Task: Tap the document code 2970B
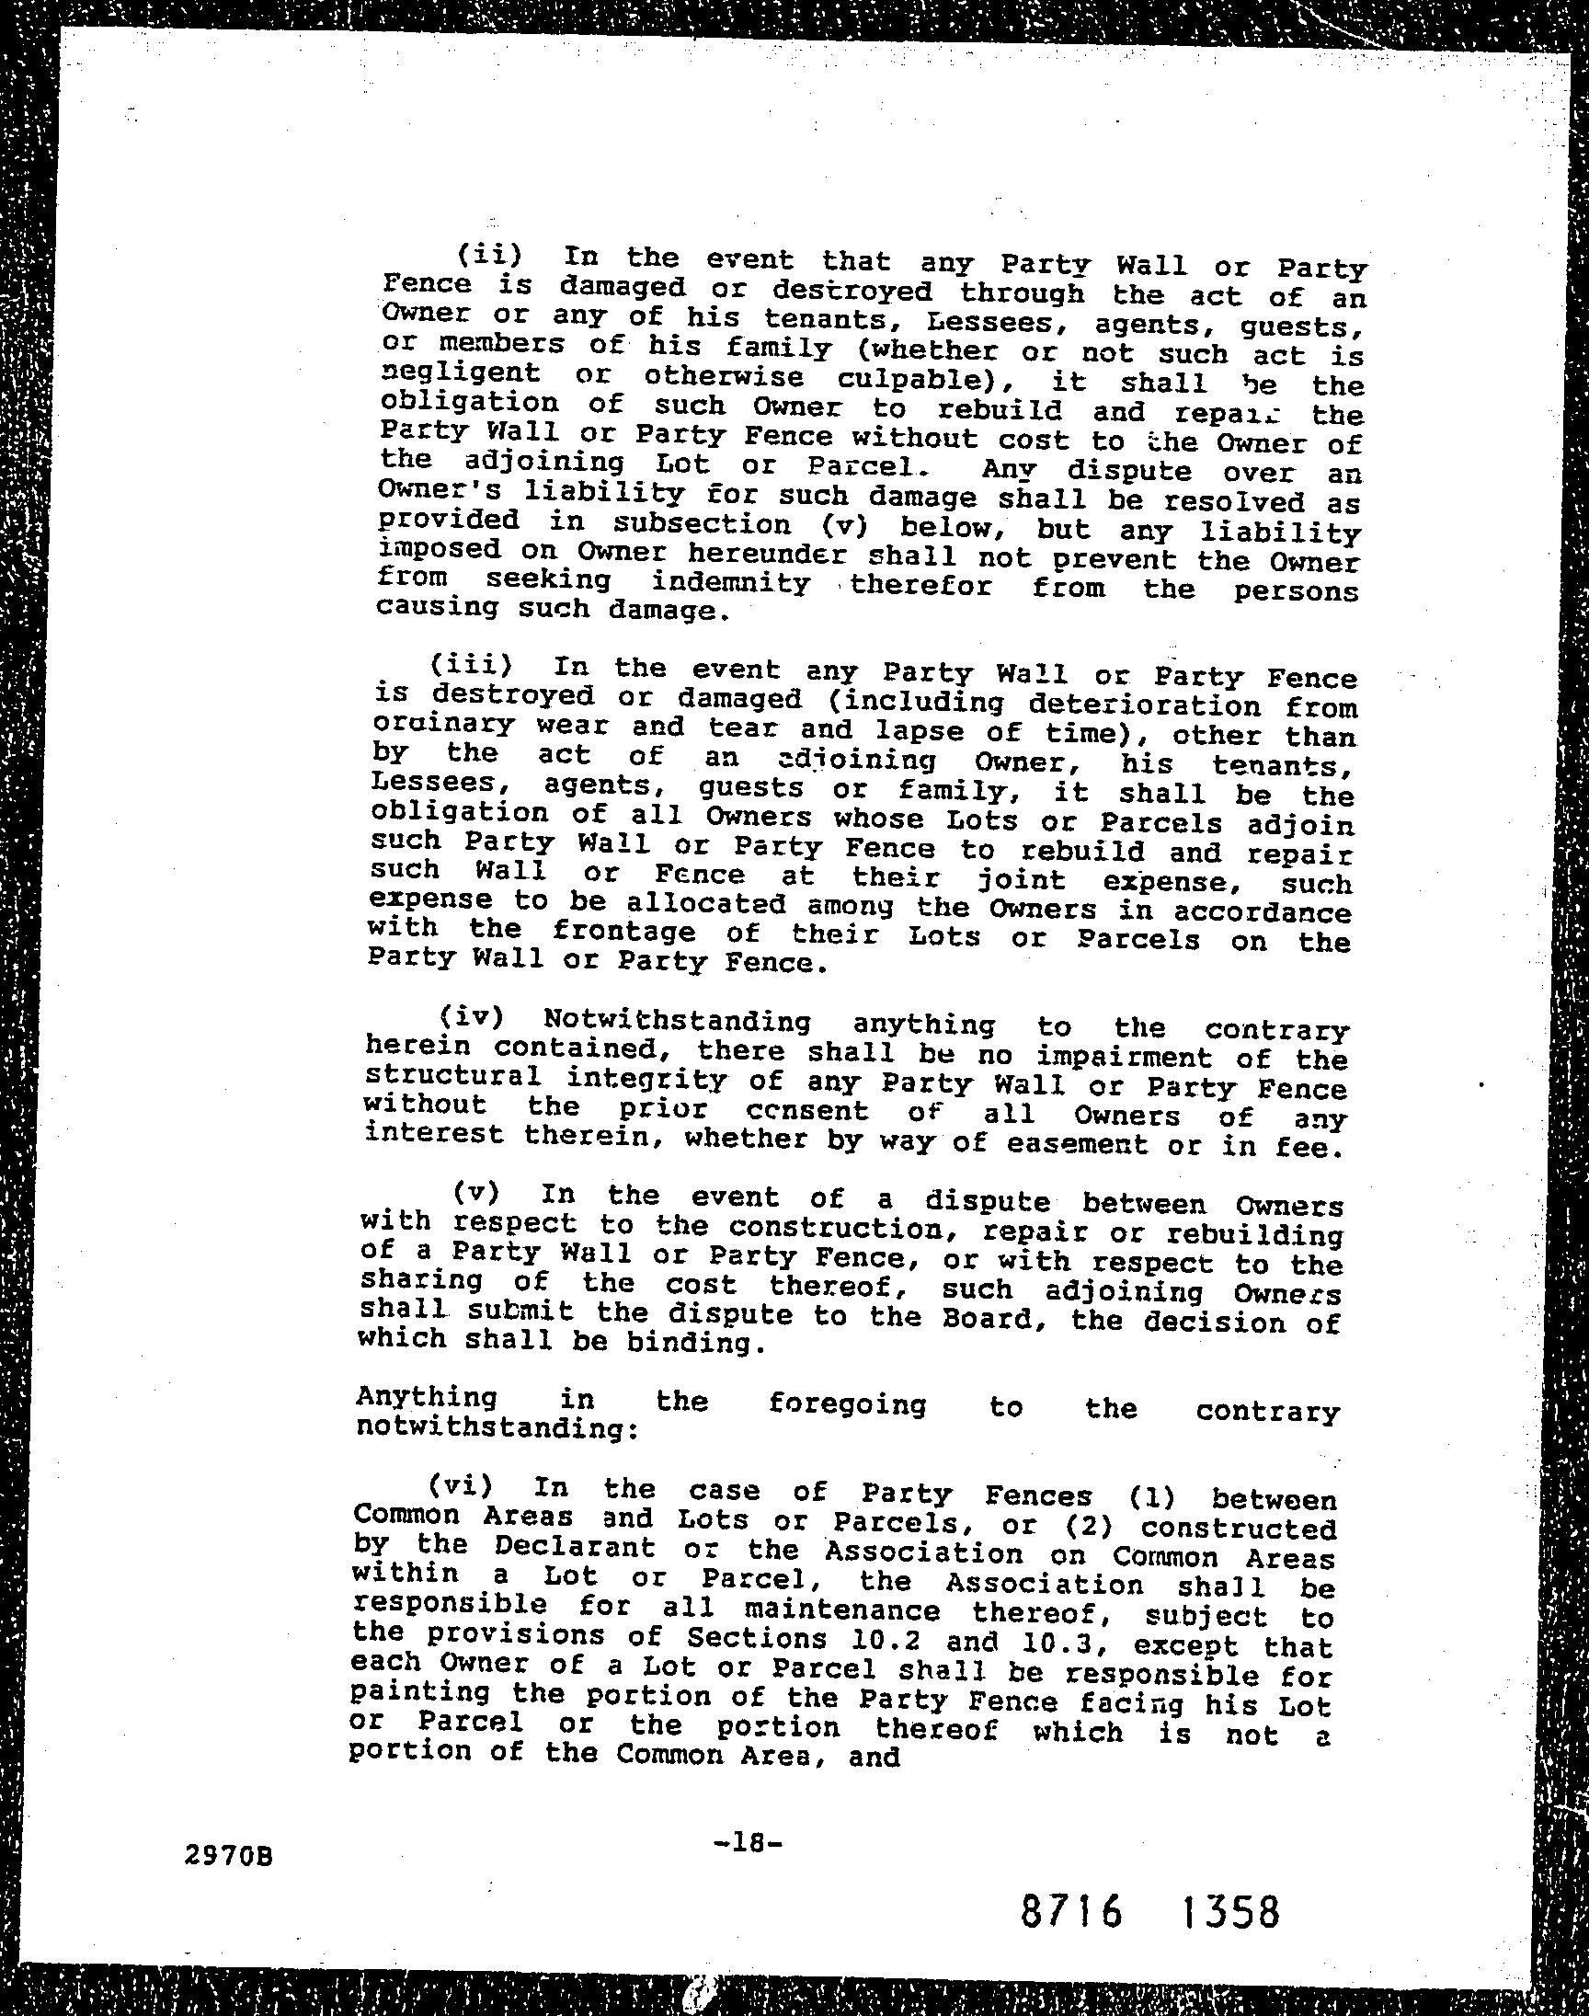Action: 229,1829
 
